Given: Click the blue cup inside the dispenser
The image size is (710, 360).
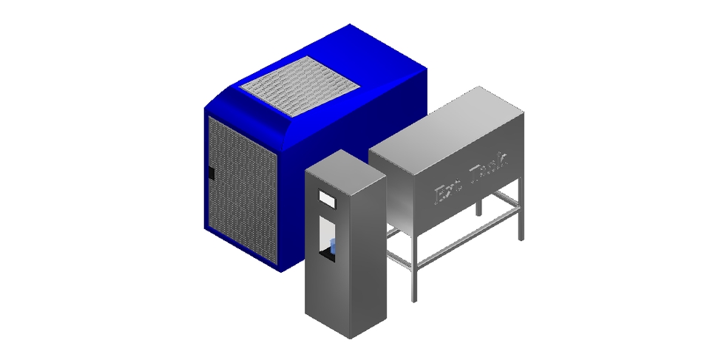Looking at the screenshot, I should (x=332, y=247).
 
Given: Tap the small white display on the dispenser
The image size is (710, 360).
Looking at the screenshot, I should (x=327, y=198).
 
